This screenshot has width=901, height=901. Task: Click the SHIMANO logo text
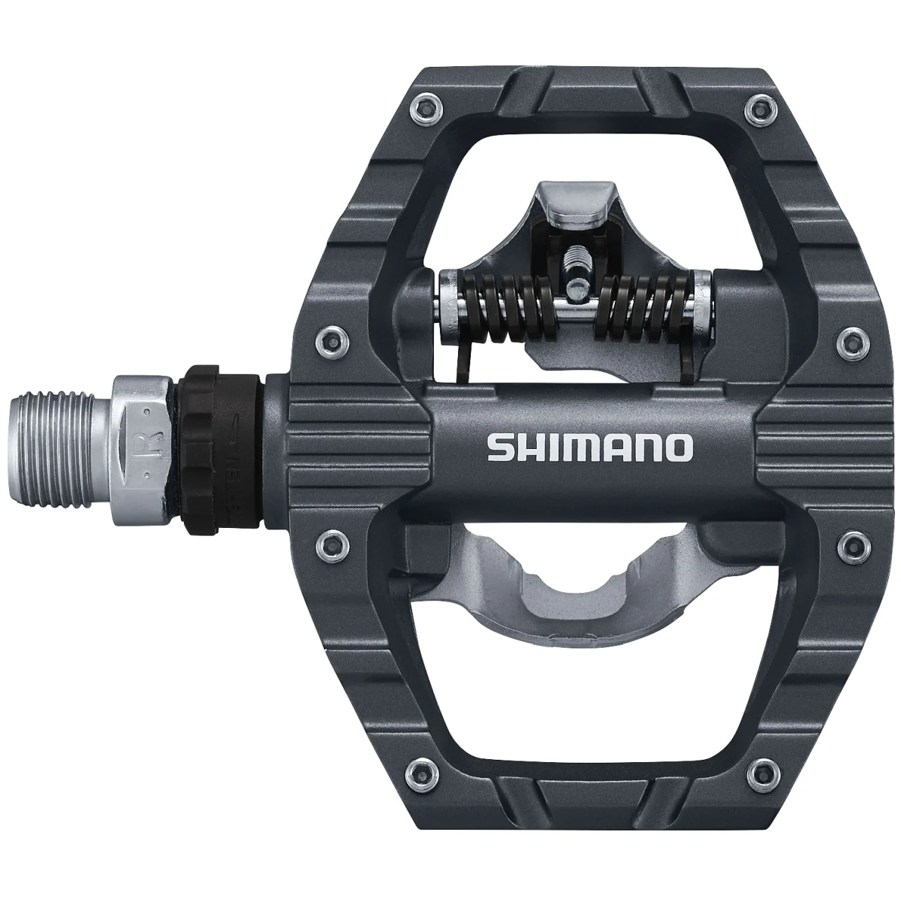[x=589, y=448]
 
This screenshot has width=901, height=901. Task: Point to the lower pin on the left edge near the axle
[x=330, y=540]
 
